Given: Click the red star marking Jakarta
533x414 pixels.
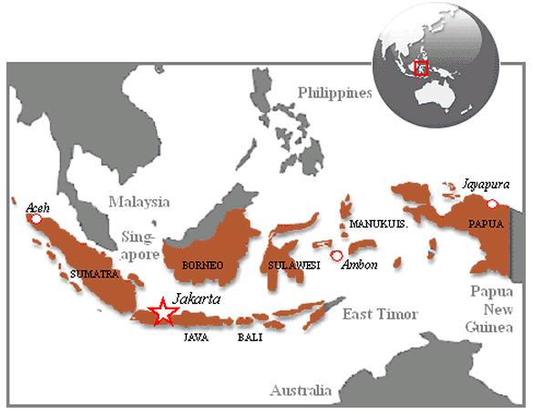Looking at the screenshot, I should [x=163, y=312].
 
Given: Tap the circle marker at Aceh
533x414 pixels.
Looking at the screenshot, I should [x=36, y=219].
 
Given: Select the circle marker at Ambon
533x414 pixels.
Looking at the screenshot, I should [x=336, y=257].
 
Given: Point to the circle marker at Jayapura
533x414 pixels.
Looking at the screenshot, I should [x=494, y=203].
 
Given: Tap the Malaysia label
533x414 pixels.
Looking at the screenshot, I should [x=139, y=200].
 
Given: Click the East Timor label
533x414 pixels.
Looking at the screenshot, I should [x=380, y=314].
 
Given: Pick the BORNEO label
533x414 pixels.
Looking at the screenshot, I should [x=202, y=265].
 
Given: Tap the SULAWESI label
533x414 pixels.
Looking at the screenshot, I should [x=293, y=265].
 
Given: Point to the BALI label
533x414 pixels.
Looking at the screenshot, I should [x=250, y=337].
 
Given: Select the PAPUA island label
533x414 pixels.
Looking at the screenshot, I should [x=484, y=222].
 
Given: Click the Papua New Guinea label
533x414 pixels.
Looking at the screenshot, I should [x=495, y=308].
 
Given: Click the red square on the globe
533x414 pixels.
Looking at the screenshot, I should [x=421, y=68].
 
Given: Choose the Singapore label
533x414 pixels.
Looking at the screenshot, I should [x=138, y=245].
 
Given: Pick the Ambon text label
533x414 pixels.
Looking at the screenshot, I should [x=359, y=265].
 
